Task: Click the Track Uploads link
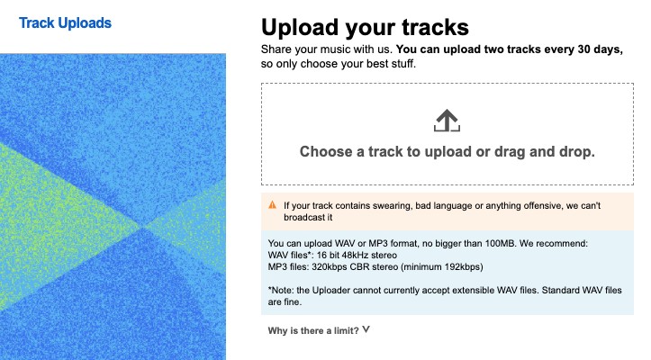[65, 22]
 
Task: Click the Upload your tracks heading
[365, 28]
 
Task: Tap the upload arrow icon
[447, 121]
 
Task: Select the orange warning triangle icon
[272, 204]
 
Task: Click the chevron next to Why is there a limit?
[366, 329]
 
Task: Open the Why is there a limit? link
[313, 331]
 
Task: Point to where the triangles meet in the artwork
[143, 227]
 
